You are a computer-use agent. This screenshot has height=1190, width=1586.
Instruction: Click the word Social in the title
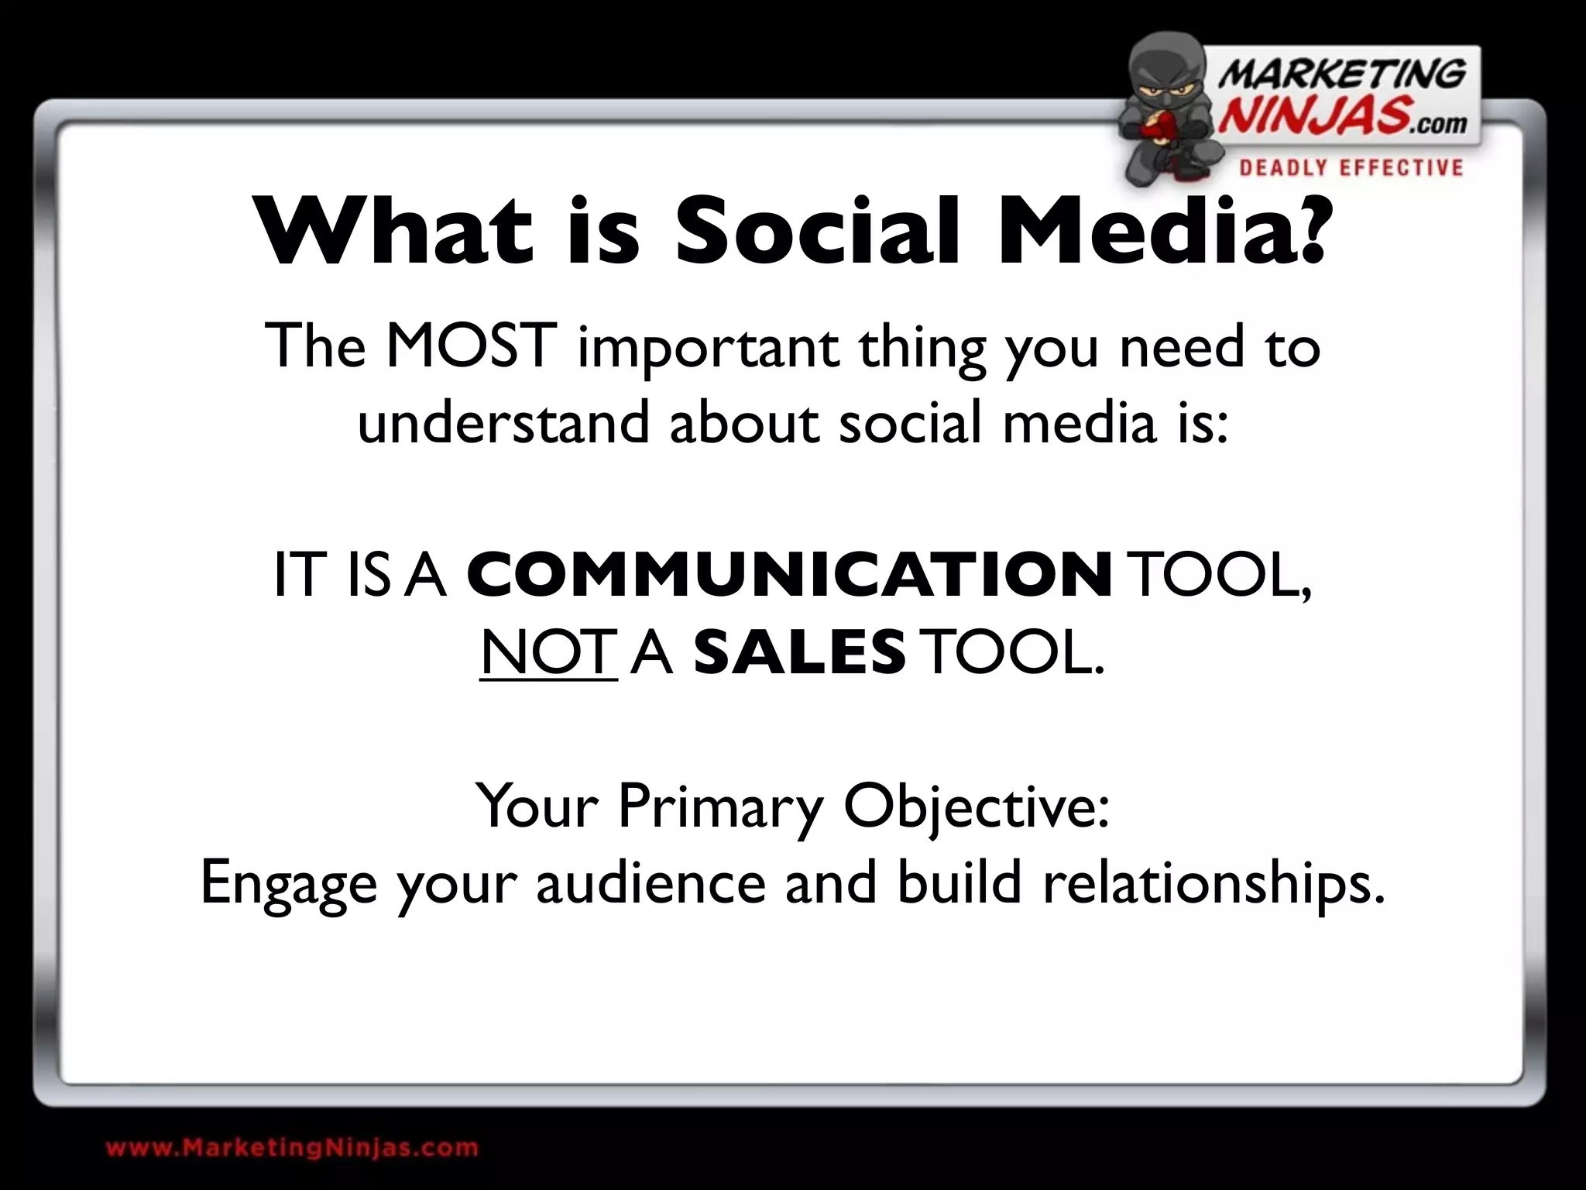(817, 230)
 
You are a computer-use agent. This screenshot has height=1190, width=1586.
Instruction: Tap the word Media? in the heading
(1165, 230)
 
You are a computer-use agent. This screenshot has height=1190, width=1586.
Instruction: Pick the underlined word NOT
(548, 652)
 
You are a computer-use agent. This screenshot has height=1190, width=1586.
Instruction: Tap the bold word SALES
(799, 652)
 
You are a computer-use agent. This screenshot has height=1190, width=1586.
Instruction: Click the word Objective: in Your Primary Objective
(976, 806)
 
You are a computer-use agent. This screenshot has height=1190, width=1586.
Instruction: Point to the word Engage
(288, 883)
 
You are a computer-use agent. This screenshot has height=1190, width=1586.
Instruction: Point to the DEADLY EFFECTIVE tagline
(1351, 167)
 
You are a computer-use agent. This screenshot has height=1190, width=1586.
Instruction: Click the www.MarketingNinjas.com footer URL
(292, 1147)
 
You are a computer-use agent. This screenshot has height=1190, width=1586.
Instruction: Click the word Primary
(720, 806)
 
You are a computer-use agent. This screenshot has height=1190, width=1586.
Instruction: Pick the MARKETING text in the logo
(1342, 75)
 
